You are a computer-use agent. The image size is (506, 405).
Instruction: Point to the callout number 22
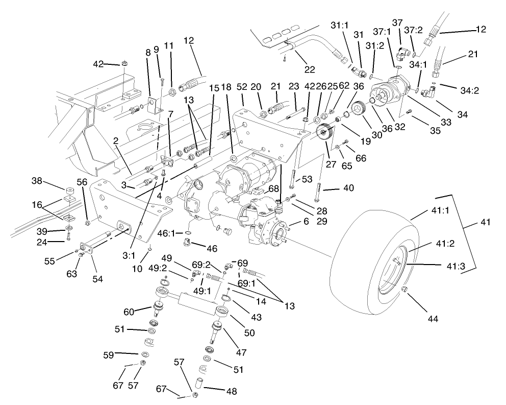point(309,69)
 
